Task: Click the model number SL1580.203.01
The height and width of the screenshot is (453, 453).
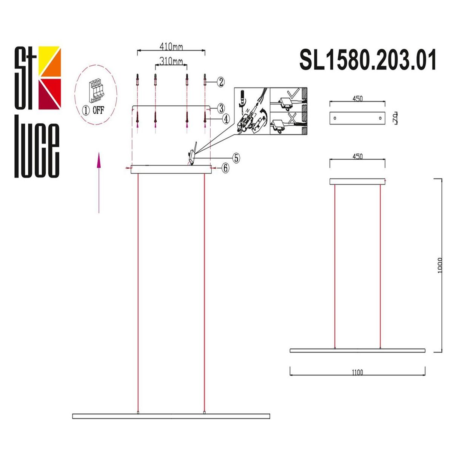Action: [x=368, y=60]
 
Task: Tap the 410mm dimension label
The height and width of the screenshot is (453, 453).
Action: [x=171, y=47]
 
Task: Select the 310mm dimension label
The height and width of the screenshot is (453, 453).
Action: [x=171, y=61]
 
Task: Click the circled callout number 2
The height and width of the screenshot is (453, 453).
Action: [x=221, y=82]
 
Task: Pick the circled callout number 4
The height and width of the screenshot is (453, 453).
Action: [x=225, y=119]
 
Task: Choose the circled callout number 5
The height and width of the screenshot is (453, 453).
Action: [x=236, y=158]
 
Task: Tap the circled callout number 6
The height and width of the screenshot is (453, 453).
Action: [x=225, y=168]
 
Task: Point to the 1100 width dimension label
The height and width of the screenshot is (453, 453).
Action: [x=357, y=372]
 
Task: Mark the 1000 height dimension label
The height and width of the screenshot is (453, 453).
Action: [x=439, y=266]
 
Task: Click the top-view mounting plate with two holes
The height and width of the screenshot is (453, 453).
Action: [x=357, y=118]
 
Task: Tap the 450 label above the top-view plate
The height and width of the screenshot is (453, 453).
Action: [x=357, y=99]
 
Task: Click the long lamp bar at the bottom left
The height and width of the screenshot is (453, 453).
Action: [x=171, y=416]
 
